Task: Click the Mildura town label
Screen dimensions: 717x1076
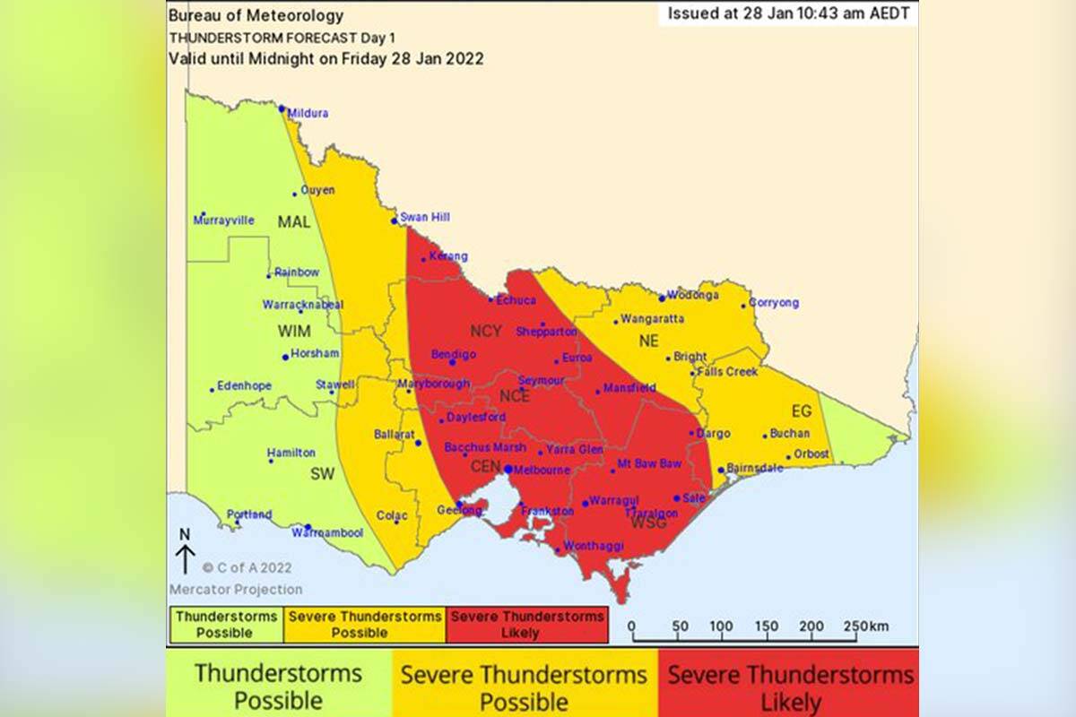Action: pyautogui.click(x=308, y=114)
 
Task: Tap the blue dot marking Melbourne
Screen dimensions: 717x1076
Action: pyautogui.click(x=508, y=469)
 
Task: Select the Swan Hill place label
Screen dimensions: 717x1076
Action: pyautogui.click(x=425, y=218)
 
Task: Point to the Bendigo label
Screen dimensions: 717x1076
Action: pyautogui.click(x=453, y=355)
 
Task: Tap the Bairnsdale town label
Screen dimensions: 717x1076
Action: pyautogui.click(x=754, y=468)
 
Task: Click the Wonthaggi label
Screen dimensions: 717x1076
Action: pyautogui.click(x=593, y=546)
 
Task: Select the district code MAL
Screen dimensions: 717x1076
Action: pyautogui.click(x=293, y=221)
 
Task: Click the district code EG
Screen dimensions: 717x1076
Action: pyautogui.click(x=801, y=411)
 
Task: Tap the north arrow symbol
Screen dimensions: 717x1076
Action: pyautogui.click(x=185, y=552)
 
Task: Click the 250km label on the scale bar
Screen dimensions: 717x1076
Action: pyautogui.click(x=865, y=626)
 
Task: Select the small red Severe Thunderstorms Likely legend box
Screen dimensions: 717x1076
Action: pyautogui.click(x=526, y=625)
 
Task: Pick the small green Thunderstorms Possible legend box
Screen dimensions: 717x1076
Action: pyautogui.click(x=226, y=625)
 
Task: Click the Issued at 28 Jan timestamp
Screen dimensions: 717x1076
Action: pyautogui.click(x=788, y=14)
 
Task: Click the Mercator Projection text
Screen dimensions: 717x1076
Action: pyautogui.click(x=236, y=590)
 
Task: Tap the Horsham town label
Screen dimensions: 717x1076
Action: pyautogui.click(x=315, y=354)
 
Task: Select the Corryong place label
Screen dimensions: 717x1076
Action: pyautogui.click(x=773, y=303)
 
